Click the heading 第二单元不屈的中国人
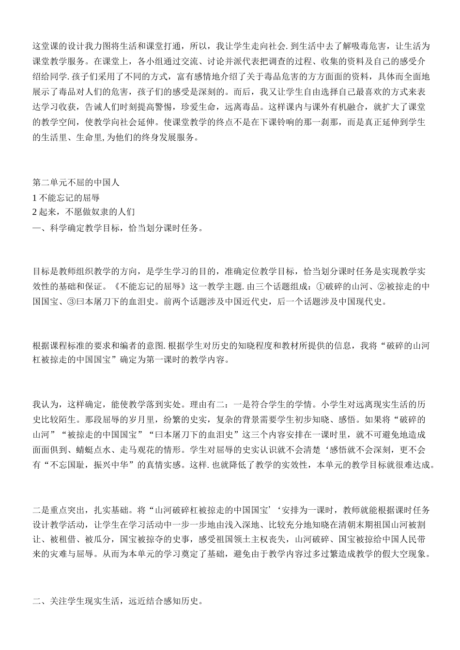(76, 183)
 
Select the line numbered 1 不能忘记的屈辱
(66, 197)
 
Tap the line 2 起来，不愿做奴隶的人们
(83, 212)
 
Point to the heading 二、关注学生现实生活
(78, 602)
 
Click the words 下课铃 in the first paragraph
(275, 122)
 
